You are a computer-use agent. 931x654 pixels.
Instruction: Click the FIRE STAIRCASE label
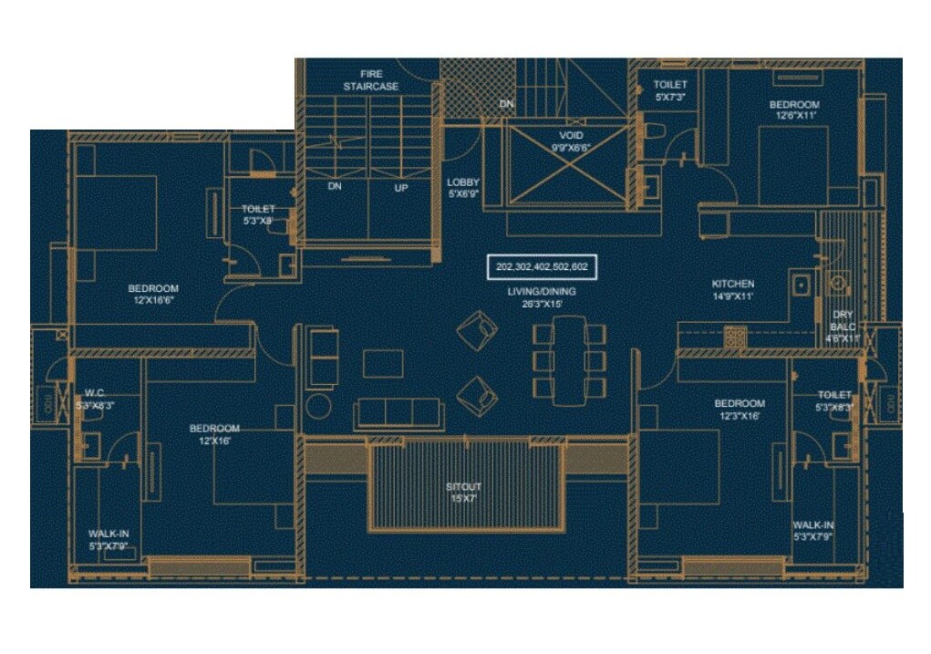pos(370,79)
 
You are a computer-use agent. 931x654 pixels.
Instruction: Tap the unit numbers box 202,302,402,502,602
pos(542,266)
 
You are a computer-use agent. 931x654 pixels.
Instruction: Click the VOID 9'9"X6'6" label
pos(571,141)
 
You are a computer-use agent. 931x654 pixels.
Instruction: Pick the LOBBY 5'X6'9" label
pos(463,187)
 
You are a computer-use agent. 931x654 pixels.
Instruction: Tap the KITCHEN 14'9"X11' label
pos(732,289)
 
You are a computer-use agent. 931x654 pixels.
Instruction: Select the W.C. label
pos(95,398)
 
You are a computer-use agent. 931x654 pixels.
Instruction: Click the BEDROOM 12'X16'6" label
pos(153,294)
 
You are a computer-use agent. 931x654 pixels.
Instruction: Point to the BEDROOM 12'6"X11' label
pos(794,109)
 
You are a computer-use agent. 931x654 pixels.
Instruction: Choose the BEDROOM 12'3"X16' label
pos(739,409)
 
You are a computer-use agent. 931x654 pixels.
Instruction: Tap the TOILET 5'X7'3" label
pos(670,89)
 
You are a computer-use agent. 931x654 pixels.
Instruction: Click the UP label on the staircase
pos(400,188)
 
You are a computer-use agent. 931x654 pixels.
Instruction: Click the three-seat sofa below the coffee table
pos(398,413)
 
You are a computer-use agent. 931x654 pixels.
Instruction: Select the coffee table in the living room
pos(383,363)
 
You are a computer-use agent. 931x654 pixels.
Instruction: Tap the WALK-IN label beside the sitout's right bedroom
pos(812,531)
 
